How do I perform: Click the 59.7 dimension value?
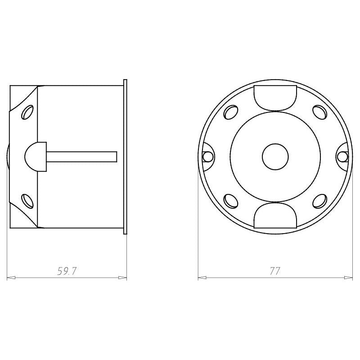[x=66, y=271]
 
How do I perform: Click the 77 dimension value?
[x=275, y=271]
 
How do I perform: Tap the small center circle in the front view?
[x=275, y=157]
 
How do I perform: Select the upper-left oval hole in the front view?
[x=230, y=112]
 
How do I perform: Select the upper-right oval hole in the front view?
[x=320, y=112]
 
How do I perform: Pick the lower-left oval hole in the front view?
[x=230, y=201]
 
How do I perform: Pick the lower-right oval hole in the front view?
[x=320, y=201]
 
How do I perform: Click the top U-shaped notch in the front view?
[x=275, y=98]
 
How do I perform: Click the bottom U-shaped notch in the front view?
[x=275, y=216]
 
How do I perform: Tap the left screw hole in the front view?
[x=207, y=157]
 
